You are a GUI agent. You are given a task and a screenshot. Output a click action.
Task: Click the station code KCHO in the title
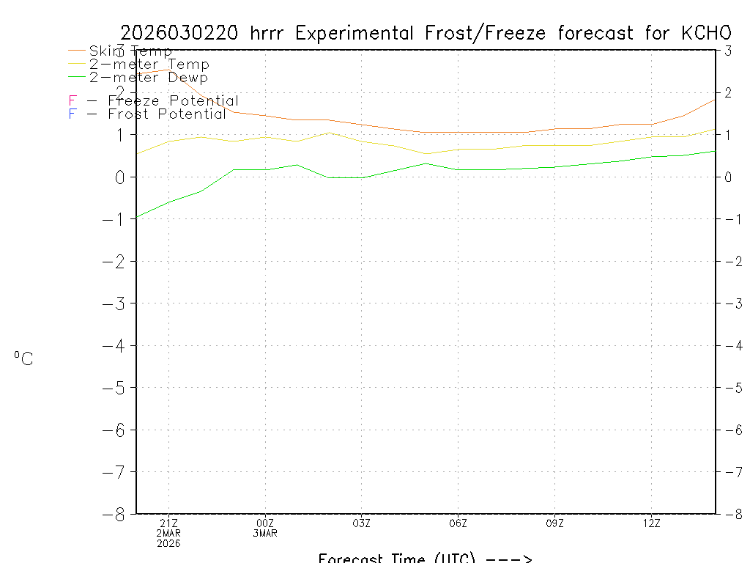pyautogui.click(x=706, y=33)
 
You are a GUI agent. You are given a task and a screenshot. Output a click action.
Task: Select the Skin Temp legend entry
pyautogui.click(x=130, y=51)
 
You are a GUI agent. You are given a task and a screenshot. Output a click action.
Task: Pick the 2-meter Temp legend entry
pyautogui.click(x=149, y=65)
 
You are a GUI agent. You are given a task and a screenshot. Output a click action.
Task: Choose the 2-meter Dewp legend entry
pyautogui.click(x=148, y=78)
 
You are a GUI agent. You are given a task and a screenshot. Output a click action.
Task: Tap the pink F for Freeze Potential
pyautogui.click(x=72, y=101)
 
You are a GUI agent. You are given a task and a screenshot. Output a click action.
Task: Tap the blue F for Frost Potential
pyautogui.click(x=72, y=114)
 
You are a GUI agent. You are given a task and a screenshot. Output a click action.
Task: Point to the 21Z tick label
pyautogui.click(x=168, y=523)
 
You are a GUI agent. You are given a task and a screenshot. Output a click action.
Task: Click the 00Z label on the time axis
pyautogui.click(x=265, y=523)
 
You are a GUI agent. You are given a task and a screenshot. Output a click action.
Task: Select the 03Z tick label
pyautogui.click(x=362, y=523)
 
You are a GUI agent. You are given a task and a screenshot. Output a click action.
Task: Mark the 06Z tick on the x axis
pyautogui.click(x=458, y=523)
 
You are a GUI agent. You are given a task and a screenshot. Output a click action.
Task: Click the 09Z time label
pyautogui.click(x=555, y=523)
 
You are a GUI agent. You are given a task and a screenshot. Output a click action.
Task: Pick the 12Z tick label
pyautogui.click(x=652, y=523)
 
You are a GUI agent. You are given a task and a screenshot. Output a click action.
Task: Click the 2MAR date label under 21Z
pyautogui.click(x=168, y=533)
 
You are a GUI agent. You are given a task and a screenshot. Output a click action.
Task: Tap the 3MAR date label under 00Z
pyautogui.click(x=265, y=533)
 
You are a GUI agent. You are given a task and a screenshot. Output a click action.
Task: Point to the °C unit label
pyautogui.click(x=23, y=359)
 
